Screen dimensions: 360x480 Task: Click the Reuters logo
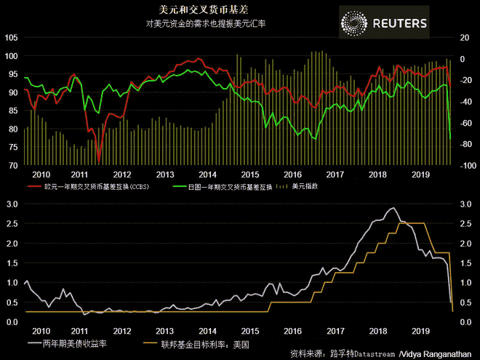385,23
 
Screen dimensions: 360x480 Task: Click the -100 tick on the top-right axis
464,165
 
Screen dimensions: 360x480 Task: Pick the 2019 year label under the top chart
420,175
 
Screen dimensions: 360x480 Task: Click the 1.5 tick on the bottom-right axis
465,263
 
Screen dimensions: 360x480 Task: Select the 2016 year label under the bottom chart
292,329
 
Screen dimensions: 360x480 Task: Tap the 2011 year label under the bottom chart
80,329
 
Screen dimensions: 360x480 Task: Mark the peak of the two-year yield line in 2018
393,209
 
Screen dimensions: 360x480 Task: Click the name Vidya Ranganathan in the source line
437,353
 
